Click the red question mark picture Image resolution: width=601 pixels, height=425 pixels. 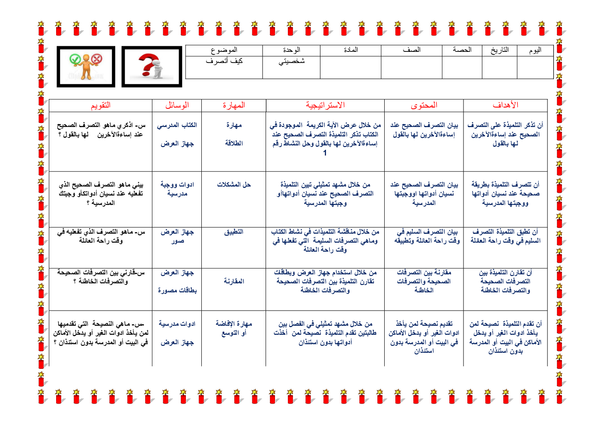coord(152,67)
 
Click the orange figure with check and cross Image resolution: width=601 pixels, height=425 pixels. coord(86,67)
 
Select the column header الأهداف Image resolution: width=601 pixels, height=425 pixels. coord(505,105)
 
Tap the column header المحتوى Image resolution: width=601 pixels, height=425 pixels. coord(424,105)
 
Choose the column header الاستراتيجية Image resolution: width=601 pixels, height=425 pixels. coord(325,105)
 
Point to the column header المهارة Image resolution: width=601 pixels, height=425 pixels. coord(233,105)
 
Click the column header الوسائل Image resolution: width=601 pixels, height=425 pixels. coord(177,105)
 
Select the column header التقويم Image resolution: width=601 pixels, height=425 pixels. coord(100,105)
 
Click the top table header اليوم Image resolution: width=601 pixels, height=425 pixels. coord(535,51)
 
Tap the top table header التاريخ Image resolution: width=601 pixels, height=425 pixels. coord(499,51)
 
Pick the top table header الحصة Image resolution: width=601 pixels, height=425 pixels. coord(462,50)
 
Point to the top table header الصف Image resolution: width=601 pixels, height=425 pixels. coord(411,50)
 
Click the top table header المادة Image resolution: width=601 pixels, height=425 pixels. coord(350,50)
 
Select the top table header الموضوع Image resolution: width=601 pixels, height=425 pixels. coord(224,51)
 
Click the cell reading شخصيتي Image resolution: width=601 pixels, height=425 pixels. coord(291,61)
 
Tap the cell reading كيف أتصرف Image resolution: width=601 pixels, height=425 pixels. coord(224,61)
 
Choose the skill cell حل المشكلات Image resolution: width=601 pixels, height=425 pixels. coord(233,185)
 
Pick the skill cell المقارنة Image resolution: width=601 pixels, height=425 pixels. coord(233,281)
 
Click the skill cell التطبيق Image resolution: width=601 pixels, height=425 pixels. coord(233,232)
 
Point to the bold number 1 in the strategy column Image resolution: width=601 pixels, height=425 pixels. coord(325,153)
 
